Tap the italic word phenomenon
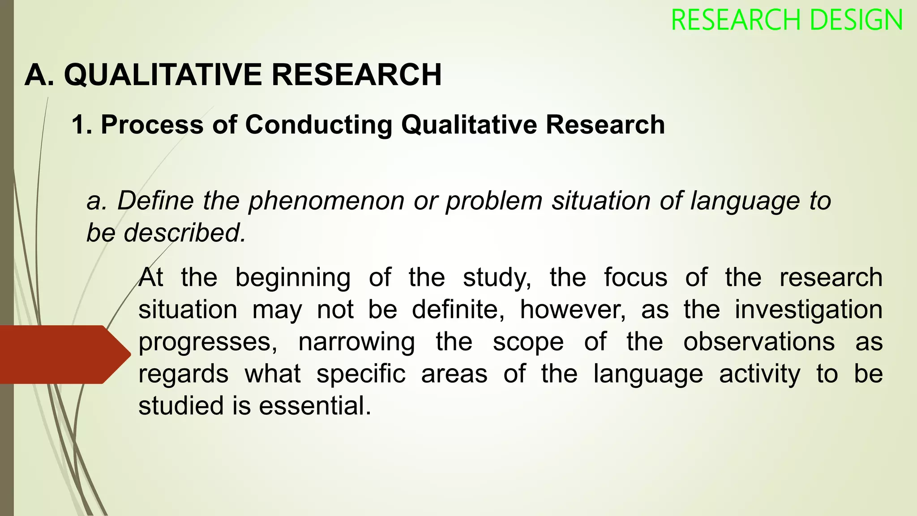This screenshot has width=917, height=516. [326, 201]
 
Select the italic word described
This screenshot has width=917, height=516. [184, 233]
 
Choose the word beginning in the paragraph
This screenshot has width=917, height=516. [293, 278]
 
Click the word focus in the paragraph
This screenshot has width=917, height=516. [635, 278]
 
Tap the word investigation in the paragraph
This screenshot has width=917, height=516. [808, 310]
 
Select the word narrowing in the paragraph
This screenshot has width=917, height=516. [356, 342]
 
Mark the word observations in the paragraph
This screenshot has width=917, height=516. [759, 342]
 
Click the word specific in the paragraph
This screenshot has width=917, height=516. [361, 374]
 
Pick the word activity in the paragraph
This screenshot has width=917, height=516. [759, 374]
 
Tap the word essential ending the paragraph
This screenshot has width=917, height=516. [315, 406]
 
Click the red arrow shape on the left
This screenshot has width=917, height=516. [63, 354]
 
